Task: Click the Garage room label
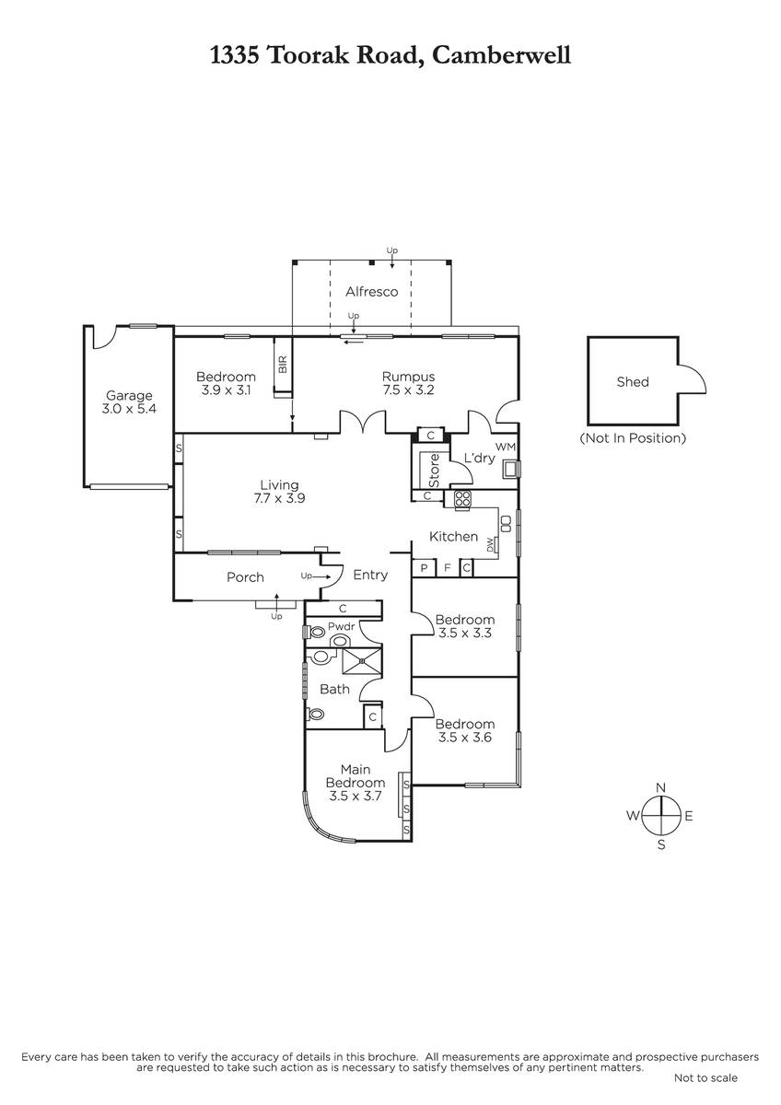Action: (129, 395)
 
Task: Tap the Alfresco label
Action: (371, 292)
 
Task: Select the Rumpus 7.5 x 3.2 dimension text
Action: (409, 390)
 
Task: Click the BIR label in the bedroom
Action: (283, 365)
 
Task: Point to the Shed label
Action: (633, 382)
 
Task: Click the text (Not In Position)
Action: (633, 437)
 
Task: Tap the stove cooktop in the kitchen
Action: (462, 498)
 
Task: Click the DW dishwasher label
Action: (490, 544)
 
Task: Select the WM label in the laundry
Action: (506, 447)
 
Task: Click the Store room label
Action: (434, 471)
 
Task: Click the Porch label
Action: (245, 576)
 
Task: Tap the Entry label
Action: (370, 575)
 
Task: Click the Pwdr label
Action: (342, 626)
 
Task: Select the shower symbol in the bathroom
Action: (362, 661)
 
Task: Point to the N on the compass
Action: (660, 787)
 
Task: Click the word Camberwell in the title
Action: (502, 55)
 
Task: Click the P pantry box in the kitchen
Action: (424, 568)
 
